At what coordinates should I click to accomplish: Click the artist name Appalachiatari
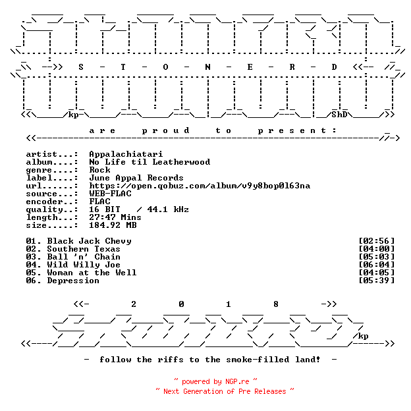coord(126,154)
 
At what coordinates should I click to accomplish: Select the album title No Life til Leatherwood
coord(150,162)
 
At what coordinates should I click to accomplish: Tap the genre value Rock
coord(99,170)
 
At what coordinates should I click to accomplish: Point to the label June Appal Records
coord(136,178)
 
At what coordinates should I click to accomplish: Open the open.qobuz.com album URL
coord(200,186)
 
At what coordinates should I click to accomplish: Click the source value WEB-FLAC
coord(110,194)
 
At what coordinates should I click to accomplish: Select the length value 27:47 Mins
coord(115,217)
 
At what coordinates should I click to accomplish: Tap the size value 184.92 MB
coord(113,225)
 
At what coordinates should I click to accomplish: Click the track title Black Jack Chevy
coord(89,241)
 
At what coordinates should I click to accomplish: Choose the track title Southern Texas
coord(84,249)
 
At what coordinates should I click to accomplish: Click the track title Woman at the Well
coord(92,273)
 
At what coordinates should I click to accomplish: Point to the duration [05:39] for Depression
coord(376,281)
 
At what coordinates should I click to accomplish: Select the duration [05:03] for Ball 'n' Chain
coord(376,257)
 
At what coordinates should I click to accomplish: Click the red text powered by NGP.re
coord(215,381)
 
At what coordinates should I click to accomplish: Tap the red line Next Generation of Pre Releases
coord(225,391)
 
